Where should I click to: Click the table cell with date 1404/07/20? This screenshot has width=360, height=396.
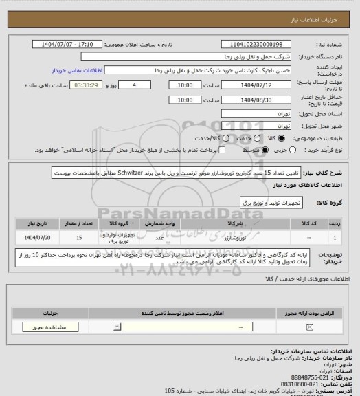(x=40, y=236)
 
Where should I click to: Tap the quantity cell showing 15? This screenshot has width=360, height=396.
(x=80, y=236)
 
